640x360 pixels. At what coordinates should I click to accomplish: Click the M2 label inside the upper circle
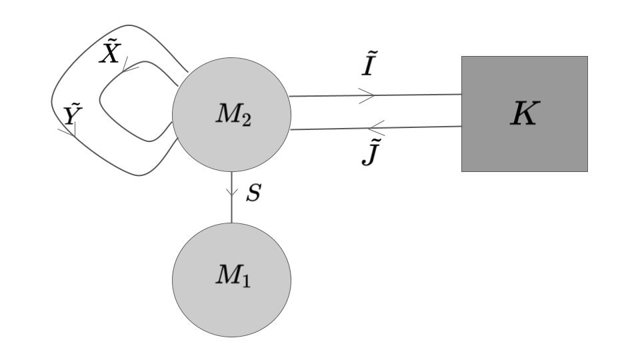(233, 115)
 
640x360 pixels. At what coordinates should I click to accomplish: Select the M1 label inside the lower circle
(233, 276)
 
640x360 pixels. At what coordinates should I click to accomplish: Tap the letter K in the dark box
(523, 115)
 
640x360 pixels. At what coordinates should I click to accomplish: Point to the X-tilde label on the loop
(109, 53)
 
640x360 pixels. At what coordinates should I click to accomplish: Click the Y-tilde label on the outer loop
(72, 115)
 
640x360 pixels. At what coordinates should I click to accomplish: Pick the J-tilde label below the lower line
(371, 153)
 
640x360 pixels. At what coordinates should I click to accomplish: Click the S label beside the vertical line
(253, 194)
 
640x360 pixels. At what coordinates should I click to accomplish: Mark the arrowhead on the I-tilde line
(369, 95)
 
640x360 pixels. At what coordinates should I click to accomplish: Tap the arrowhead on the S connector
(232, 194)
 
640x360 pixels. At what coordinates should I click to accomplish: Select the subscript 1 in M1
(246, 281)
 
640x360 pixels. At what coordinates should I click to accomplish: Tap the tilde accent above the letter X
(111, 43)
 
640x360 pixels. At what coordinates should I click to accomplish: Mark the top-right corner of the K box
(587, 56)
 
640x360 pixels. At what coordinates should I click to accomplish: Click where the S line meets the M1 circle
(232, 223)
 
